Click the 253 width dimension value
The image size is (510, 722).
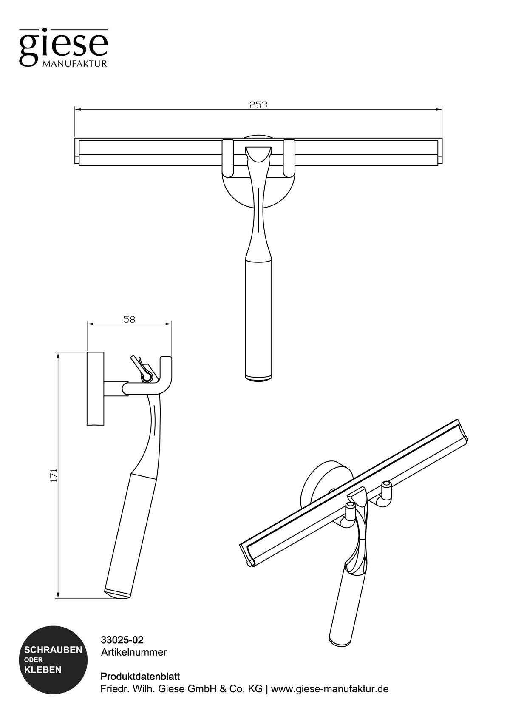coord(258,105)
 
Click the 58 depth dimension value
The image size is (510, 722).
coord(129,319)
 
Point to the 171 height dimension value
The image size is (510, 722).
coord(54,475)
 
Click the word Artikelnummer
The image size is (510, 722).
coord(134,652)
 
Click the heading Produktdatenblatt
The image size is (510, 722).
coord(140,676)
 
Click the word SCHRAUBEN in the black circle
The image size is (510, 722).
coord(53,650)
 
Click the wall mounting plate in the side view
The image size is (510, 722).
coord(95,388)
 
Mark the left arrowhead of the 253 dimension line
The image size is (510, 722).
coord(77,109)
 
